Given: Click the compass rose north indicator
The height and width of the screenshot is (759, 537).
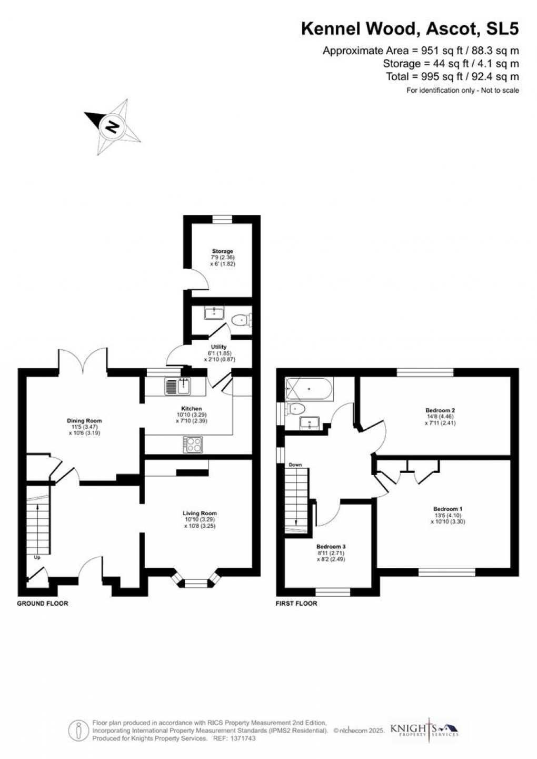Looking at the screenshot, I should (x=112, y=127).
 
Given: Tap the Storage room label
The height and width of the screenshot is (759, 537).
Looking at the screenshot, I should (x=222, y=251).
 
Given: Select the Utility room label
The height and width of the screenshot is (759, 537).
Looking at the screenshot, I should (x=218, y=347).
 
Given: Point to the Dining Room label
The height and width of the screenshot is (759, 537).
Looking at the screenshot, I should (x=84, y=421).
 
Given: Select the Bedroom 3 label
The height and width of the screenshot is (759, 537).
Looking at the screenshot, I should (x=331, y=547).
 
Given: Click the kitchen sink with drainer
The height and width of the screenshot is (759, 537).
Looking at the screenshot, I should (x=177, y=387).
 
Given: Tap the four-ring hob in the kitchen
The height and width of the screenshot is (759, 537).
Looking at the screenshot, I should (x=193, y=445).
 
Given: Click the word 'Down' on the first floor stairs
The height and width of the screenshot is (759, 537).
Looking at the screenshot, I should (x=295, y=465).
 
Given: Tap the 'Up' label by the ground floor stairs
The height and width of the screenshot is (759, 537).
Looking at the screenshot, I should (x=36, y=557).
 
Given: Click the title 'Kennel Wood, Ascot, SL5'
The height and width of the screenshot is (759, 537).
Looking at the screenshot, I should (x=410, y=29).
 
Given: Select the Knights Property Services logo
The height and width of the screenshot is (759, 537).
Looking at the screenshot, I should (x=424, y=730).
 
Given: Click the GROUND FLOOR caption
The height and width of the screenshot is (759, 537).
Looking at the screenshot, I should (x=43, y=603).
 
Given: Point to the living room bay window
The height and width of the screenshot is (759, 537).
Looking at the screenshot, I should (x=195, y=583).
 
